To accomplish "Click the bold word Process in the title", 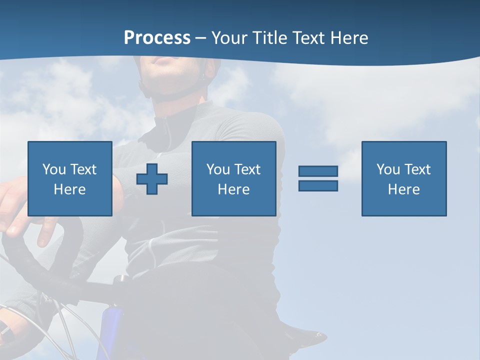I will pyautogui.click(x=157, y=38).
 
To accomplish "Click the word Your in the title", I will pyautogui.click(x=230, y=38).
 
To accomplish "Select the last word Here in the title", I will pyautogui.click(x=348, y=38).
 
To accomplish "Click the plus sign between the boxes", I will pyautogui.click(x=152, y=178).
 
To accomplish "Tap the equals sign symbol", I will pyautogui.click(x=318, y=178).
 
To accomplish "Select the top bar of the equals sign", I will pyautogui.click(x=318, y=171).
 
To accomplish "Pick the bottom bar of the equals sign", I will pyautogui.click(x=318, y=185).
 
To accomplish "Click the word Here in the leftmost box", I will pyautogui.click(x=70, y=189).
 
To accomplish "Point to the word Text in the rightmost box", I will pyautogui.click(x=417, y=169).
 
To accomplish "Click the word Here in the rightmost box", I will pyautogui.click(x=404, y=189).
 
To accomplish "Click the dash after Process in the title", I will pyautogui.click(x=201, y=38).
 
